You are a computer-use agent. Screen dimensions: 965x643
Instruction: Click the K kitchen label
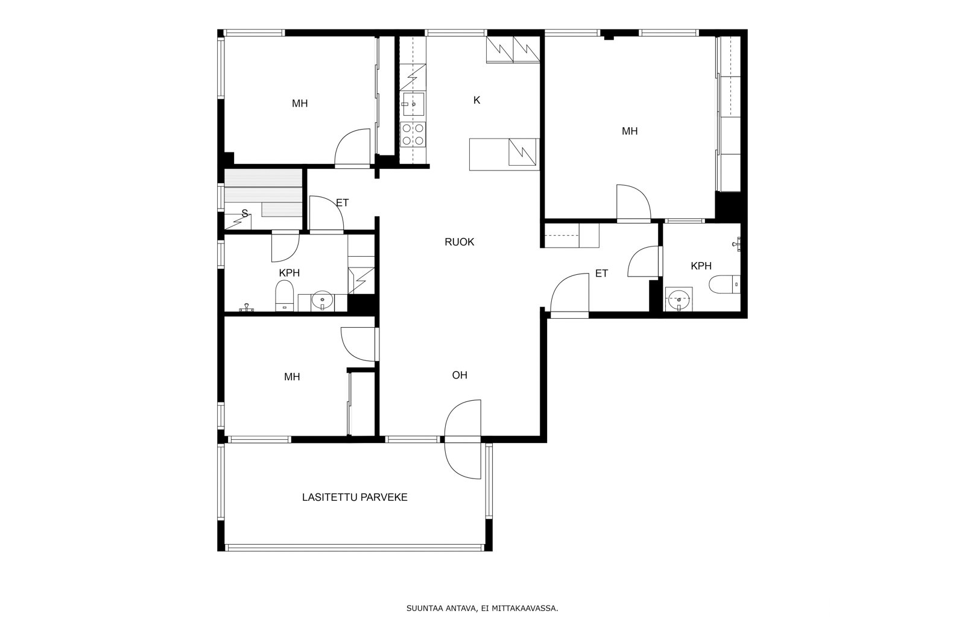(476, 100)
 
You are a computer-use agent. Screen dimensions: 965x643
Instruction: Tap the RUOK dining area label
(459, 242)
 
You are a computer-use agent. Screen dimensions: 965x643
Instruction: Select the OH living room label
(460, 375)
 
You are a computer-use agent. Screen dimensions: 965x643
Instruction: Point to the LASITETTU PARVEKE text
(355, 498)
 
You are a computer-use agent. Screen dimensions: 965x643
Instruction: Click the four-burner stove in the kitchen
(413, 135)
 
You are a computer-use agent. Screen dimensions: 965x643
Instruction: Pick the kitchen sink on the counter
(413, 104)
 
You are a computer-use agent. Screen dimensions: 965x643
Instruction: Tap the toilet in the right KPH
(724, 284)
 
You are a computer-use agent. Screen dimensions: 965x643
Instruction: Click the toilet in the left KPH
(284, 296)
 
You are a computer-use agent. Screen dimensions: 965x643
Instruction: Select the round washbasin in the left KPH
(322, 301)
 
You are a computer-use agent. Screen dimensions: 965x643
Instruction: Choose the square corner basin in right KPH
(679, 299)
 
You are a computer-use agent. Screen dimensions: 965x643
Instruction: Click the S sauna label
(245, 213)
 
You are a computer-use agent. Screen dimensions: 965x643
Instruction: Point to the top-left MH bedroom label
(300, 104)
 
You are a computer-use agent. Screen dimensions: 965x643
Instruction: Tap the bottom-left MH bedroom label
(292, 377)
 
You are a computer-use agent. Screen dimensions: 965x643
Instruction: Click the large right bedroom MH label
(630, 131)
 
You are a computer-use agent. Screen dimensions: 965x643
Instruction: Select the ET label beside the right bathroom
(601, 274)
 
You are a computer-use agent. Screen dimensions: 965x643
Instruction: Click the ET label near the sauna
(342, 202)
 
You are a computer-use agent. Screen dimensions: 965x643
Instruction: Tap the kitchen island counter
(504, 154)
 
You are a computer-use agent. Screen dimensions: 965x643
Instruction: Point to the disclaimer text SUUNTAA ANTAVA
(441, 609)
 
